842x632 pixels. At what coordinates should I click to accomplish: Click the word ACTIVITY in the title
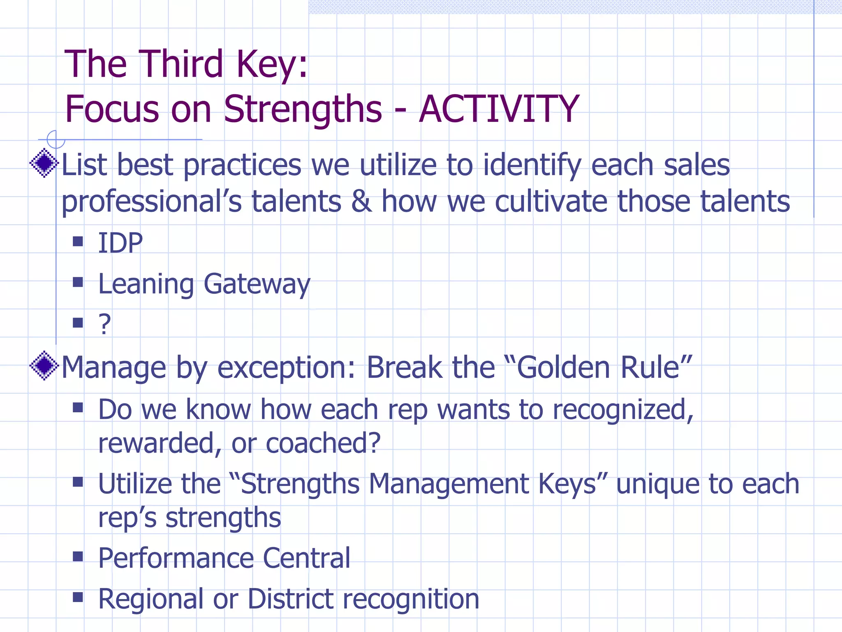coord(499,109)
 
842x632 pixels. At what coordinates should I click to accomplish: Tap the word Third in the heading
coord(180,64)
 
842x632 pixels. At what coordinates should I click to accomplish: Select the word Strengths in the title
coord(303,109)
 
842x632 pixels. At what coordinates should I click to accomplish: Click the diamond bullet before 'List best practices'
coord(44,163)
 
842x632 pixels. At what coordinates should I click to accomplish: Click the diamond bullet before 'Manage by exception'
coord(44,365)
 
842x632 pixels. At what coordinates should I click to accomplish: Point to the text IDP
coord(120,243)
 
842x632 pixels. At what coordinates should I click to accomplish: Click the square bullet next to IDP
coord(78,241)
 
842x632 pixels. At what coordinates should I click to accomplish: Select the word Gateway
coord(257,284)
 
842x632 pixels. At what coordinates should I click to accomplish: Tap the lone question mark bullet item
coord(104,324)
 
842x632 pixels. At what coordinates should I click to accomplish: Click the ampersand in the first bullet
coord(361,201)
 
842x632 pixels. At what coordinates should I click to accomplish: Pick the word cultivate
coord(551,201)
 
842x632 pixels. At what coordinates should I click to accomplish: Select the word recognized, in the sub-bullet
coord(623,410)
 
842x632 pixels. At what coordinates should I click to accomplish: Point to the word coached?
coord(323,444)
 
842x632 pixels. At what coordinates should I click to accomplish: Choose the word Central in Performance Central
coord(306,558)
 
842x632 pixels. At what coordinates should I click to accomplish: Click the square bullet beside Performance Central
coord(78,556)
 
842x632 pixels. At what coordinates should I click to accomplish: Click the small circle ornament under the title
coord(56,139)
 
